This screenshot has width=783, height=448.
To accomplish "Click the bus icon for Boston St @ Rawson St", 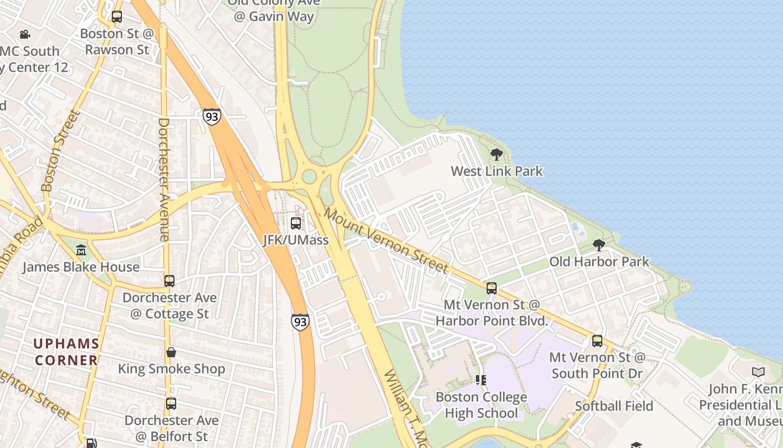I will pyautogui.click(x=116, y=17).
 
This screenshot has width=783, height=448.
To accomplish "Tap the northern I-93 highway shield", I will pyautogui.click(x=211, y=116).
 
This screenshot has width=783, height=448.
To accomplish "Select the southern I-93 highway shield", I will pyautogui.click(x=300, y=322).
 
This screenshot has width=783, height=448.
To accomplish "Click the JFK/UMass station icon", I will pyautogui.click(x=296, y=223).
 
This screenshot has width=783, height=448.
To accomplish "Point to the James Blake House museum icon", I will pyautogui.click(x=81, y=250).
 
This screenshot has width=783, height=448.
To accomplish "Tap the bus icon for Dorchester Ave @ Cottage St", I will pyautogui.click(x=169, y=281).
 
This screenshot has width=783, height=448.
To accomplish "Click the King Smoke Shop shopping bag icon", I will pyautogui.click(x=171, y=352).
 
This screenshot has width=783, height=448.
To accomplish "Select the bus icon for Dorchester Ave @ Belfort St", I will pyautogui.click(x=171, y=403).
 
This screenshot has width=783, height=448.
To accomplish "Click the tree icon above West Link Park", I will pyautogui.click(x=496, y=154).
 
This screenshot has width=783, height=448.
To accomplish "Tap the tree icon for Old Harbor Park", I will pyautogui.click(x=598, y=245).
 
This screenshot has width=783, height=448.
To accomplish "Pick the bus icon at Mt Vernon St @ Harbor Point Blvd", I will pyautogui.click(x=491, y=288).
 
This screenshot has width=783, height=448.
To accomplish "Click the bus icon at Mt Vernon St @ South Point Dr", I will pyautogui.click(x=597, y=340).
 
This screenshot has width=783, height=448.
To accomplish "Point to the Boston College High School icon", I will pyautogui.click(x=480, y=380).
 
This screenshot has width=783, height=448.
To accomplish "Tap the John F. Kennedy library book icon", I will pyautogui.click(x=758, y=372).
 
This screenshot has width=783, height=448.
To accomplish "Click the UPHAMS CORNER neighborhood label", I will pyautogui.click(x=66, y=352).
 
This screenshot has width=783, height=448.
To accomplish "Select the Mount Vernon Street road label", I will pyautogui.click(x=386, y=240).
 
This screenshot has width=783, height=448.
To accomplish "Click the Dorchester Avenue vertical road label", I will pyautogui.click(x=164, y=179).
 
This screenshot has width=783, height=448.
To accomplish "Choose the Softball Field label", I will pyautogui.click(x=614, y=406).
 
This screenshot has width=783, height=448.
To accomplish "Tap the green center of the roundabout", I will pyautogui.click(x=309, y=177).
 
